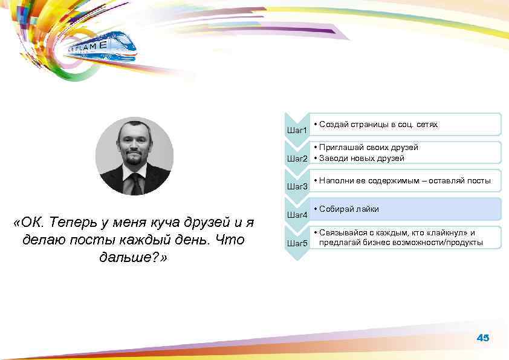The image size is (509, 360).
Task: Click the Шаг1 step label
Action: [297, 130]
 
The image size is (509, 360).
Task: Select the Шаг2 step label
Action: [297, 159]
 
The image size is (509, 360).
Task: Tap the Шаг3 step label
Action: [297, 186]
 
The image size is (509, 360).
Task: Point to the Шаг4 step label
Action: [297, 215]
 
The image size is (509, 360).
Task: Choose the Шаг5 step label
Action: [297, 243]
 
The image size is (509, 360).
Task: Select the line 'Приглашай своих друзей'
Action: [369, 147]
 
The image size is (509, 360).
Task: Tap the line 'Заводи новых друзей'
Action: [362, 158]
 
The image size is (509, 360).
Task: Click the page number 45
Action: [482, 338]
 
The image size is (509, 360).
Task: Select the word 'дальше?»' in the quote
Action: [134, 258]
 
